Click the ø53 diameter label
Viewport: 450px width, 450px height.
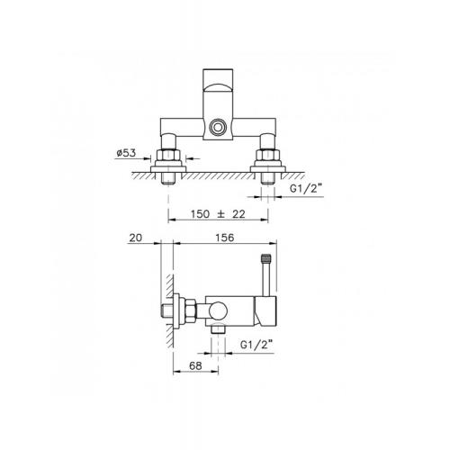(126, 153)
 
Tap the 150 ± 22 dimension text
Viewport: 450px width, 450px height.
(218, 214)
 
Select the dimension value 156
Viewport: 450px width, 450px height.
(225, 238)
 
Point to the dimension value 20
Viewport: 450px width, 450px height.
(135, 238)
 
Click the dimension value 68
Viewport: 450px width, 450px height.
(195, 365)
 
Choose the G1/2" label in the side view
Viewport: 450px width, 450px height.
(256, 345)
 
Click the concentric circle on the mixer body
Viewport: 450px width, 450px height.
(218, 127)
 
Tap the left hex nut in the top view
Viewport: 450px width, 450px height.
(168, 155)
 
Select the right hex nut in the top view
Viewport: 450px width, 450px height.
(268, 155)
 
